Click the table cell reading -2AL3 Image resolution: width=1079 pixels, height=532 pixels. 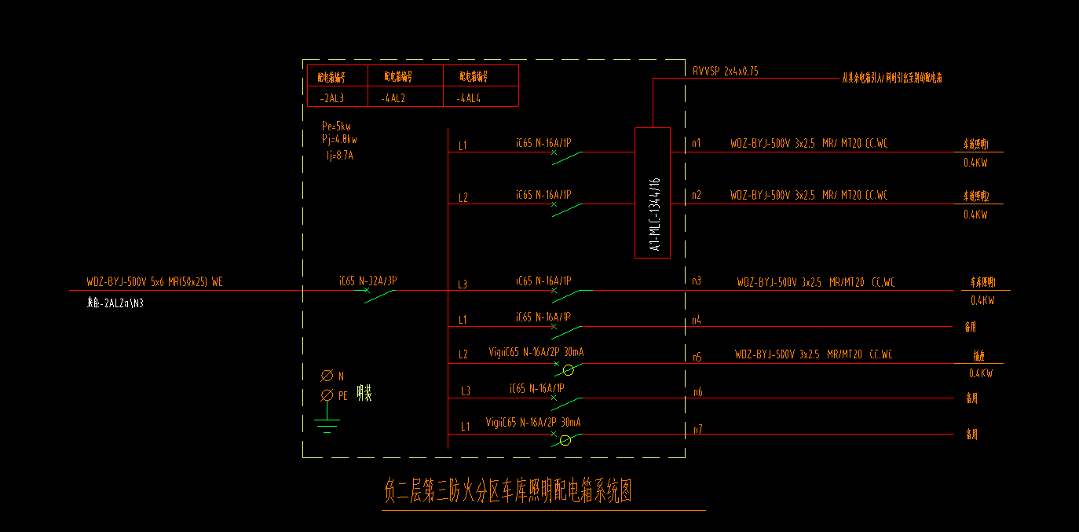[331, 99]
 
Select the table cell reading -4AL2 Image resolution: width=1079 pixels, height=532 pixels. [393, 99]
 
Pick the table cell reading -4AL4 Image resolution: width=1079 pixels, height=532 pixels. [468, 99]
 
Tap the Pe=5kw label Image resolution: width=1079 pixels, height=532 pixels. [336, 127]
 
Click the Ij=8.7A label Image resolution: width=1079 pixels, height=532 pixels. [340, 156]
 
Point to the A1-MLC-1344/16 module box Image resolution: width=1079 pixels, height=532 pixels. [653, 193]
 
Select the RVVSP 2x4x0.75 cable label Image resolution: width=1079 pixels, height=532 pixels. [725, 72]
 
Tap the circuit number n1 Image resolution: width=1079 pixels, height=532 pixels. [697, 144]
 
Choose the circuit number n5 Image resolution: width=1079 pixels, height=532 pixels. [697, 357]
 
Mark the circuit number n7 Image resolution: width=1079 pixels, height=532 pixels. [697, 429]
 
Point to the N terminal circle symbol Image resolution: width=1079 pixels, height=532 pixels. [327, 376]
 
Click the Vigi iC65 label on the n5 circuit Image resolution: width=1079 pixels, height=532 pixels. [536, 353]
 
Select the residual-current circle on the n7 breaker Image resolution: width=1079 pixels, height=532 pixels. [565, 440]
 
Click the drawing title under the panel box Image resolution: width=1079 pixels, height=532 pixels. [508, 492]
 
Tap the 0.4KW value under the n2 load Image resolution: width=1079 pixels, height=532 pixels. [975, 215]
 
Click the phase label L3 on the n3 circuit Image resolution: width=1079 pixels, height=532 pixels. [463, 284]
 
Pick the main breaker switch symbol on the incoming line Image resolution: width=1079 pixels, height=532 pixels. [379, 295]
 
